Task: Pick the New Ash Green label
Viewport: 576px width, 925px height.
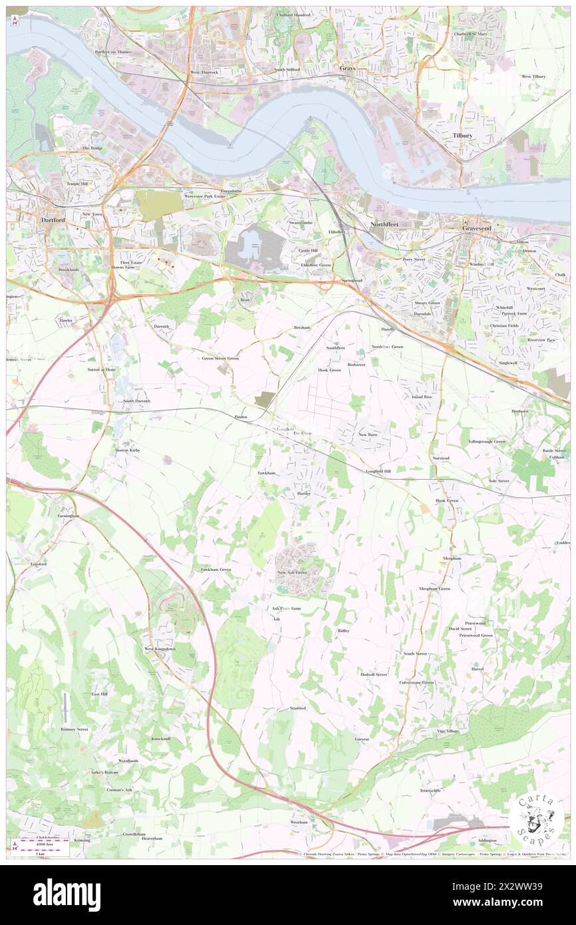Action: (292, 572)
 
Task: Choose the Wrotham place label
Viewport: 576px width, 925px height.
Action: (299, 822)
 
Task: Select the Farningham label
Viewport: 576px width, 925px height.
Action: (68, 516)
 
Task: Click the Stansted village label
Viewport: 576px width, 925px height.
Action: (297, 708)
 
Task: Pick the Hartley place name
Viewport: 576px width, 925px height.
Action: (305, 494)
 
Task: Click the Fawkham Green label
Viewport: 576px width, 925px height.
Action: (216, 570)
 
